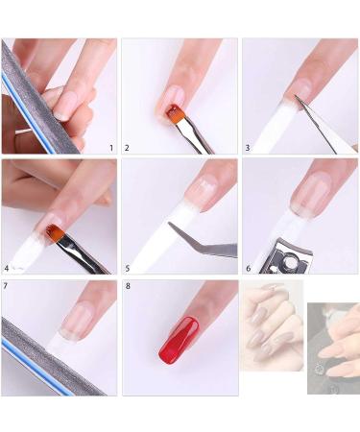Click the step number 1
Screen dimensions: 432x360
110,149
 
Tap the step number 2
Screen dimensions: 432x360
127,149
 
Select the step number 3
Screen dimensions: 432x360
247,149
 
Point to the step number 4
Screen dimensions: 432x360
7,269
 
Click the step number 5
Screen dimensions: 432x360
127,269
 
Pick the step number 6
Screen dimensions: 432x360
247,269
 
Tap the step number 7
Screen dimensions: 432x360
7,286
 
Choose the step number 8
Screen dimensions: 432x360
127,286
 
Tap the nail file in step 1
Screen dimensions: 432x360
29,96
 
